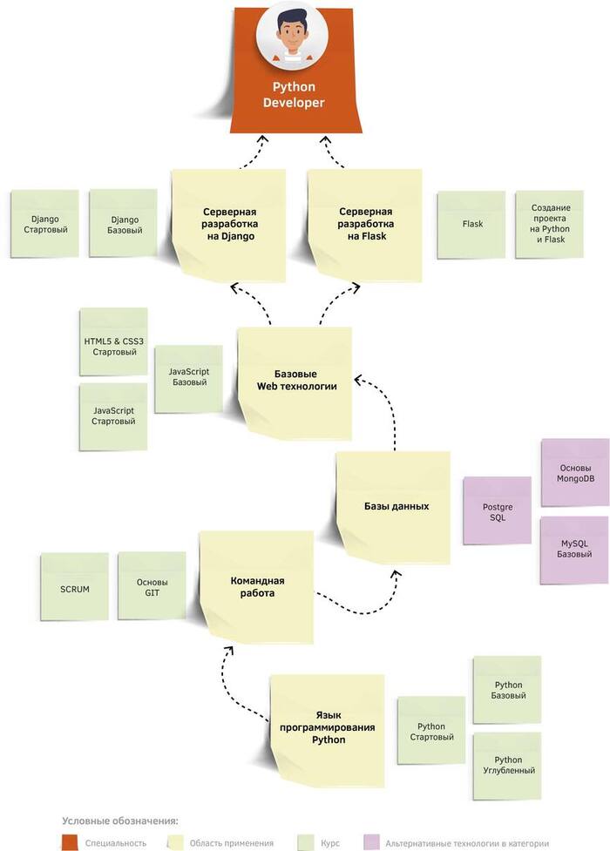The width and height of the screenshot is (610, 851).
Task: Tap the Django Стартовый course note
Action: (x=44, y=224)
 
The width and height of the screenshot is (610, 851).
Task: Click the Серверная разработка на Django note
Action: (x=229, y=225)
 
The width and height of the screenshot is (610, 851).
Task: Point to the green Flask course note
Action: (x=472, y=224)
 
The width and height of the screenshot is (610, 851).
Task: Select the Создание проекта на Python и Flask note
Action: (x=550, y=224)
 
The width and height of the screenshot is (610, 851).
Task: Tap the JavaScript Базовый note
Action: (x=189, y=377)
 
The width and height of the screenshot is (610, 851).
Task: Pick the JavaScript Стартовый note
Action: (x=113, y=415)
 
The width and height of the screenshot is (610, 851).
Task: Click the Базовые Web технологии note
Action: (x=295, y=380)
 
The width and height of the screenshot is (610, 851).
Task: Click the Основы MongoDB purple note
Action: (x=575, y=472)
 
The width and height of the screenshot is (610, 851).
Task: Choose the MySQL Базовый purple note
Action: (x=575, y=549)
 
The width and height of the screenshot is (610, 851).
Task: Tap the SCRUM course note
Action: (x=75, y=588)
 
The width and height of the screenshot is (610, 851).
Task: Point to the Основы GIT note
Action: (x=152, y=588)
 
